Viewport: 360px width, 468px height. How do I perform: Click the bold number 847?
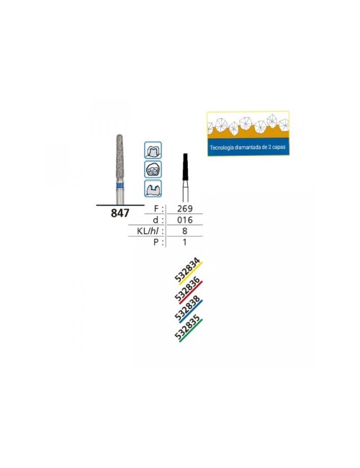coord(120,213)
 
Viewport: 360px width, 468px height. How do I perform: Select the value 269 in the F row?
coord(185,209)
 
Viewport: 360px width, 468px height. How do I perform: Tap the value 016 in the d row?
coord(185,220)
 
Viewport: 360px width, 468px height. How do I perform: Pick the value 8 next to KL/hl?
coord(185,231)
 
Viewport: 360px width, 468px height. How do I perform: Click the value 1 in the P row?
coord(185,242)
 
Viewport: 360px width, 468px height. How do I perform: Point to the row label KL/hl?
coord(150,231)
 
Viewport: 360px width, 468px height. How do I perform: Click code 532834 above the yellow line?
coord(187,271)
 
